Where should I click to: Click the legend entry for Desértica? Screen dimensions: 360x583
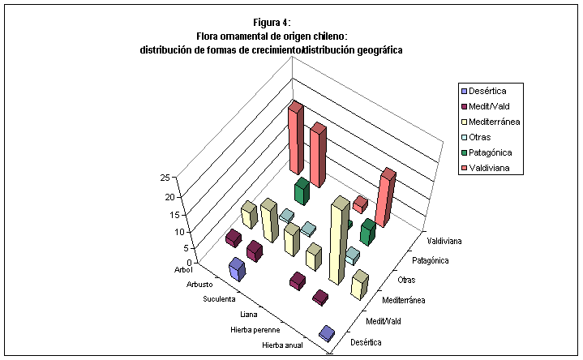[490, 90]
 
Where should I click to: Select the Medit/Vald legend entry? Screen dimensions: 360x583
[490, 105]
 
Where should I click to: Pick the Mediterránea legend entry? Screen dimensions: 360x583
[494, 122]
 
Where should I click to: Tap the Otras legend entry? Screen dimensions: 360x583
[485, 137]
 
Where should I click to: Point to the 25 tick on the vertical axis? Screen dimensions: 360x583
[164, 178]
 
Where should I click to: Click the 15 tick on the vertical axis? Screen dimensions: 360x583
[164, 215]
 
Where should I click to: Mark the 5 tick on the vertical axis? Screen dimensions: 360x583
[165, 248]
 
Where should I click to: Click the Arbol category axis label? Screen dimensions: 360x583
[183, 268]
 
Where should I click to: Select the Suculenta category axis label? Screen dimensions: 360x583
[218, 299]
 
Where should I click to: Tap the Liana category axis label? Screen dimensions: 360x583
[250, 314]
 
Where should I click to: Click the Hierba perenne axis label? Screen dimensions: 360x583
[255, 330]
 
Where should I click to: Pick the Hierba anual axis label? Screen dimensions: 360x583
[284, 345]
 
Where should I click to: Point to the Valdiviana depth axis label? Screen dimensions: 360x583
[444, 241]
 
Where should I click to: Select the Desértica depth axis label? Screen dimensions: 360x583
[365, 342]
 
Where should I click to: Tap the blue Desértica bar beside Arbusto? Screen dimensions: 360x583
[237, 269]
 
